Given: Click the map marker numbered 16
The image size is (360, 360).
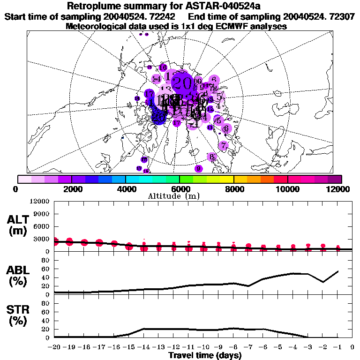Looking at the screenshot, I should (x=163, y=67).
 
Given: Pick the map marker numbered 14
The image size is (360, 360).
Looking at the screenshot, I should (x=157, y=78).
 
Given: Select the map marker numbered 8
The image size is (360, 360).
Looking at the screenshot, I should (x=212, y=157).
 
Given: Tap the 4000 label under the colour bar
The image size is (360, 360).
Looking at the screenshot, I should (x=126, y=188).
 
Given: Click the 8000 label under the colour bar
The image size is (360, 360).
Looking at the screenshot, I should (x=234, y=188).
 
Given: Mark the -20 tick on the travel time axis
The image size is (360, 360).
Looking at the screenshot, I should (x=54, y=348).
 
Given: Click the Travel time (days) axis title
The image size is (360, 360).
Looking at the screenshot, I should (x=205, y=356).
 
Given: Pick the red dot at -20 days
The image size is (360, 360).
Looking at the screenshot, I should (x=55, y=241).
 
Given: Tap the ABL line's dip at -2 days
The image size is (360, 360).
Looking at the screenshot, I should (x=323, y=282).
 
